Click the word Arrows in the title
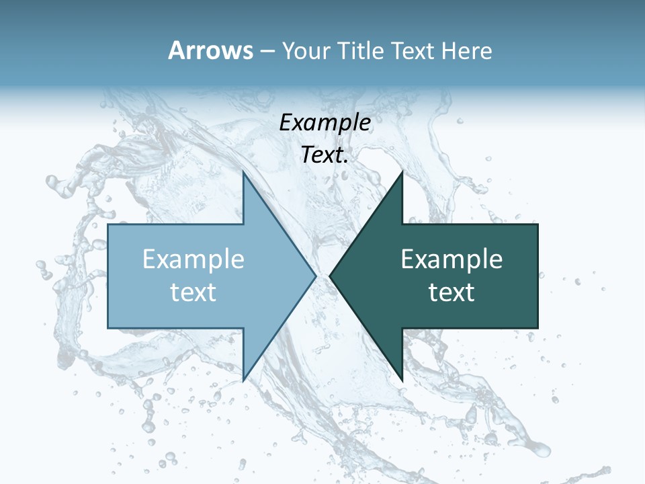click(210, 50)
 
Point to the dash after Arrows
click(267, 51)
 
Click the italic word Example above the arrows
click(325, 122)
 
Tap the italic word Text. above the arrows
click(325, 155)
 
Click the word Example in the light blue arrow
click(193, 259)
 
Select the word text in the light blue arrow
click(193, 292)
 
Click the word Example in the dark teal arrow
click(451, 259)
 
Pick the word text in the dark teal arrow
click(451, 292)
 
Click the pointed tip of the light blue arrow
click(316, 276)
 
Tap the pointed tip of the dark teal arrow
click(330, 276)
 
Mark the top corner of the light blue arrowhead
click(243, 172)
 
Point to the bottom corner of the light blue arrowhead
click(243, 380)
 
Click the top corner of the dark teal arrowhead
click(402, 172)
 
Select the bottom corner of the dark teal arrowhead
click(402, 380)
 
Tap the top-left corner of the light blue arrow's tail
click(108, 225)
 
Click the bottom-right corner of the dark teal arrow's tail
click(537, 327)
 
